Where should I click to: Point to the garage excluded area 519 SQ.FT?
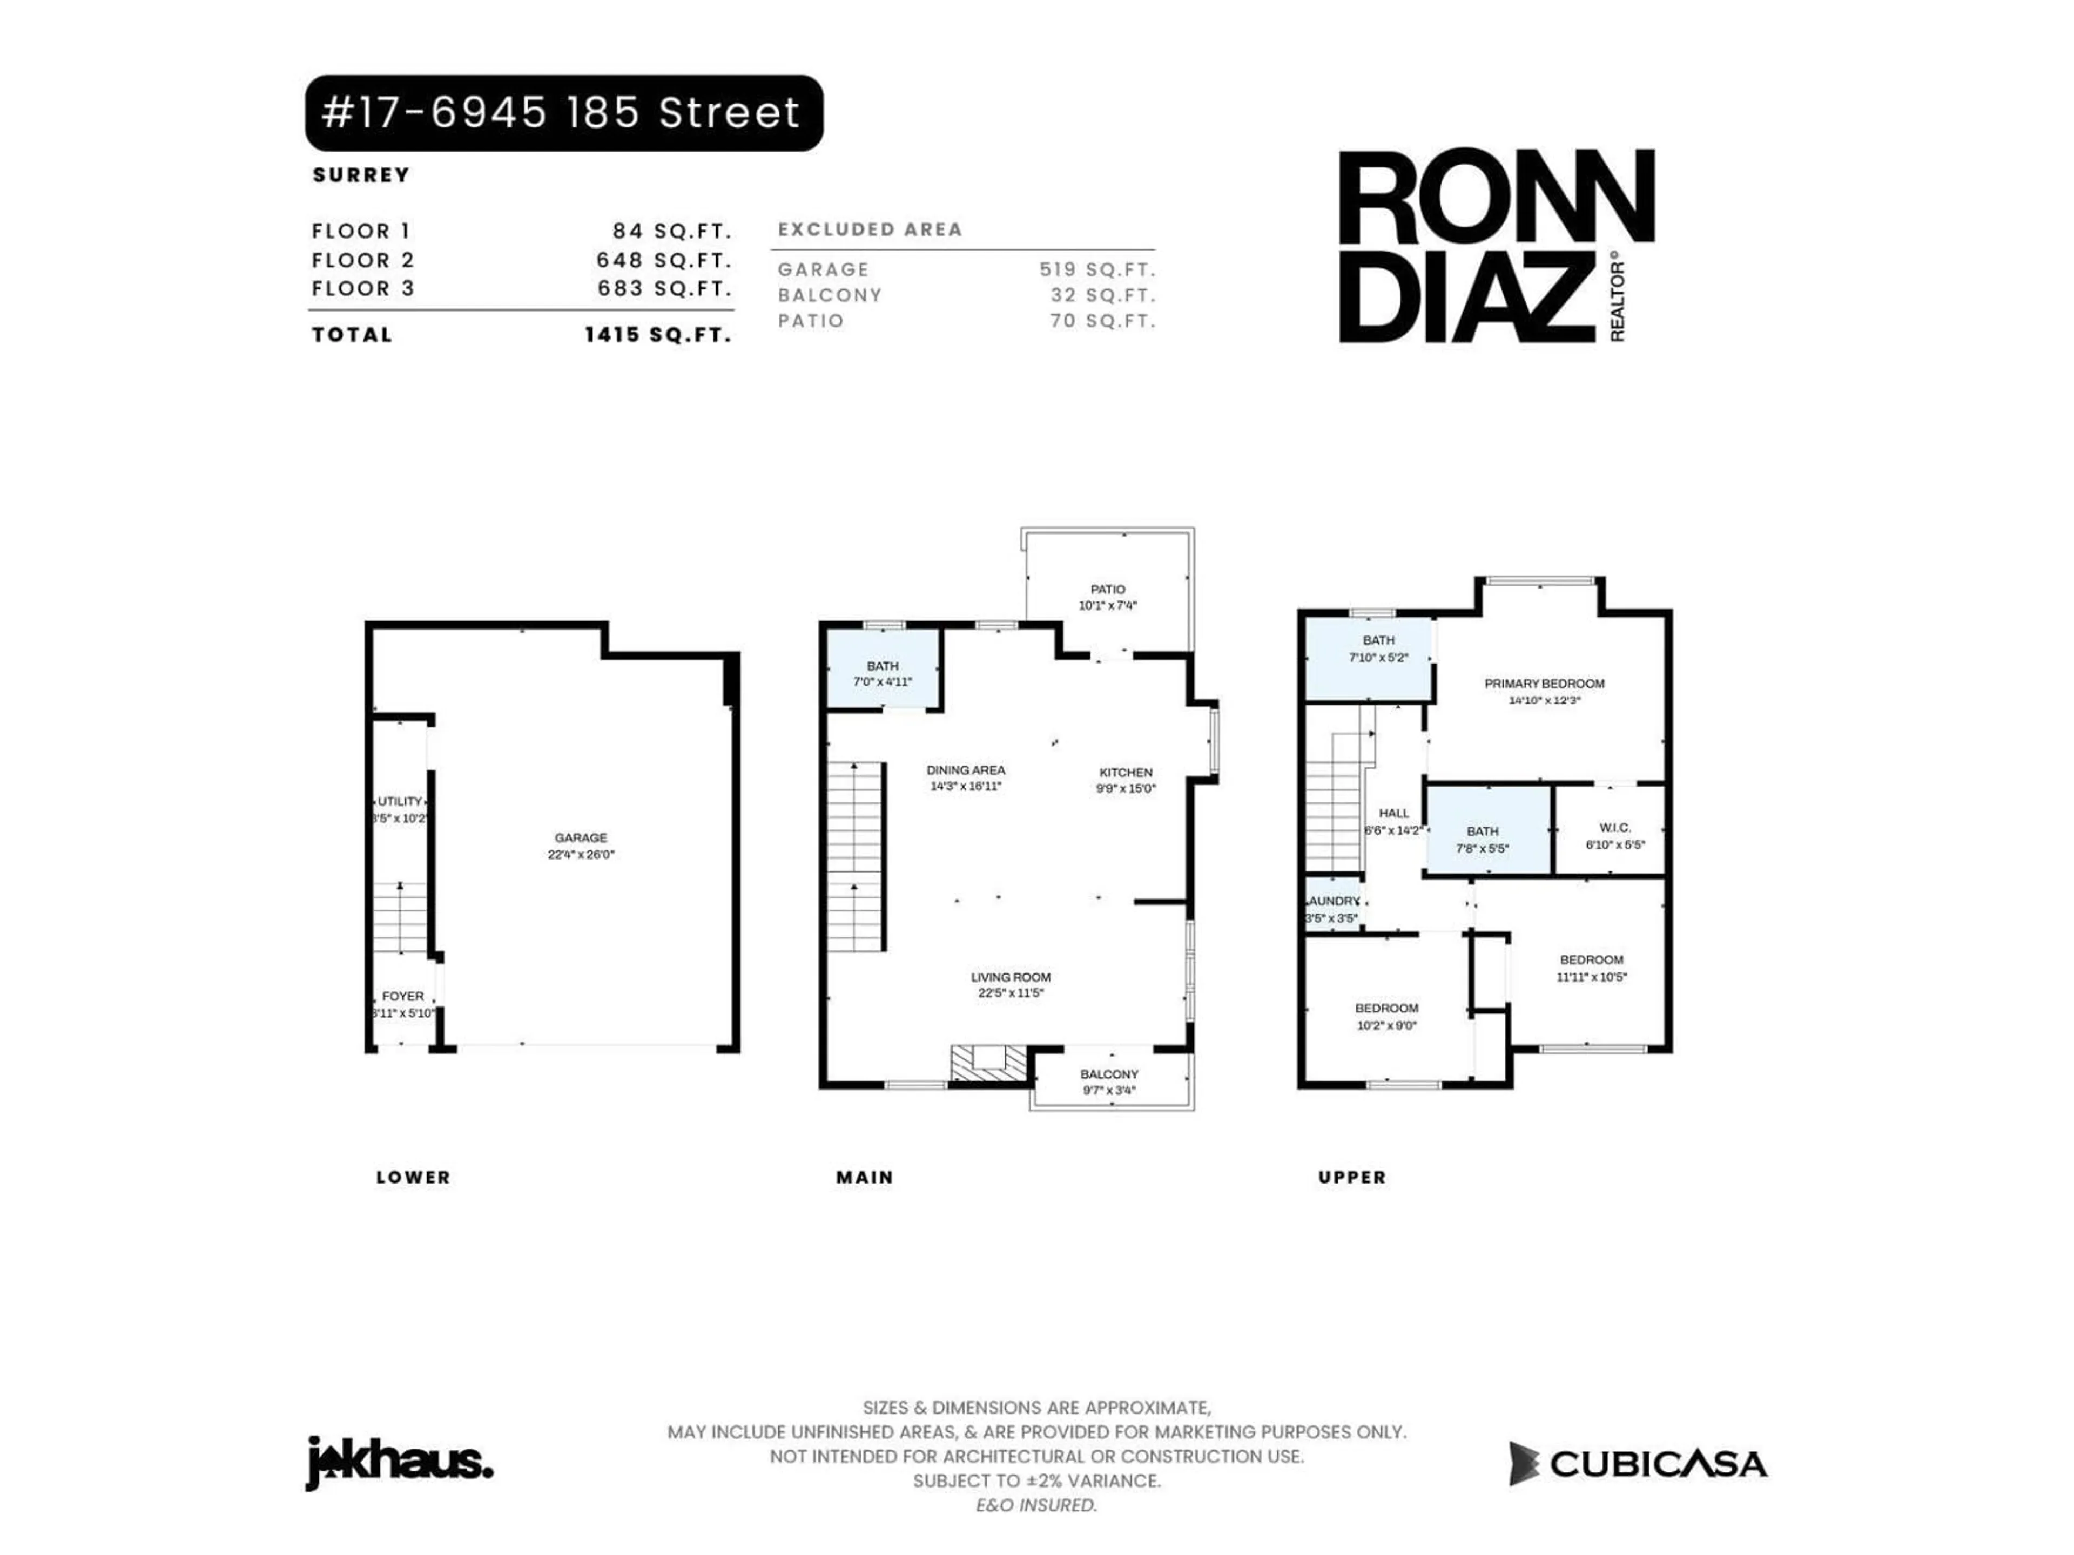coord(1096,269)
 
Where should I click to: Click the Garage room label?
coord(581,838)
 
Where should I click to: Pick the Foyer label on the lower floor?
coord(403,996)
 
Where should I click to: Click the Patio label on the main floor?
coord(1107,590)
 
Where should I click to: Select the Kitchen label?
coord(1125,772)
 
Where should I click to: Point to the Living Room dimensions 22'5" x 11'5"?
coord(1011,992)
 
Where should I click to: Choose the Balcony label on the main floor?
coord(1109,1074)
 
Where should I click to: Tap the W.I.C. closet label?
coord(1614,828)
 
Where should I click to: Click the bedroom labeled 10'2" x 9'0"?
coord(1386,1016)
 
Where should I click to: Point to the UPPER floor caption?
coord(1351,1177)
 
